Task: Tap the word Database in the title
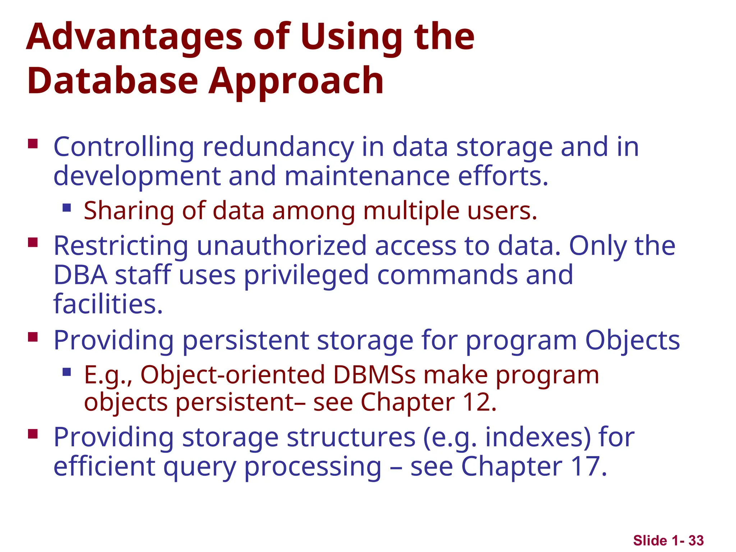pos(112,81)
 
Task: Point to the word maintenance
pos(367,176)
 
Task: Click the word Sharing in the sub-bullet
pos(129,211)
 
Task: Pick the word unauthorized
pos(281,246)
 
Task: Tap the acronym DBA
pos(80,275)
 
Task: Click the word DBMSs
pos(374,375)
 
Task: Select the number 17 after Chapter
pos(584,467)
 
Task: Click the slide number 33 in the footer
pos(696,540)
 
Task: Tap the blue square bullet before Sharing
pos(66,208)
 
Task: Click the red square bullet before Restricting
pos(33,243)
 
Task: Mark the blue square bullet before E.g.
pos(66,372)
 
